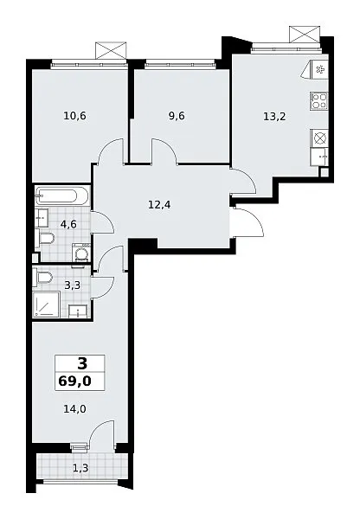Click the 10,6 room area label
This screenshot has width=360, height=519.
coord(74,116)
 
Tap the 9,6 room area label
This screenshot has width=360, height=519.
coord(177,116)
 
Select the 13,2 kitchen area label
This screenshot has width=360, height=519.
coord(274,117)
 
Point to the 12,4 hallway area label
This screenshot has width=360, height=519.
coord(159,205)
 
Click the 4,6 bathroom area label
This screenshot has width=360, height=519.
coord(68,224)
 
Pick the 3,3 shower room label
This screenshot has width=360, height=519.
coord(73,285)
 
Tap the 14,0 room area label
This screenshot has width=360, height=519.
coord(74,409)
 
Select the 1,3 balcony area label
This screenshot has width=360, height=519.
coord(80,468)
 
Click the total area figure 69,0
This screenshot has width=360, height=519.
coord(74,381)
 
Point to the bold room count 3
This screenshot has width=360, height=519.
coord(82,364)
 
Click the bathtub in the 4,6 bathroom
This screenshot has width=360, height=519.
coord(62,197)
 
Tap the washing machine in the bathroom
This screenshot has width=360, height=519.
coord(80,253)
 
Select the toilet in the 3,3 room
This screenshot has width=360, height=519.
coord(44,277)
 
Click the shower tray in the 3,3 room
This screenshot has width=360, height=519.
coord(47,304)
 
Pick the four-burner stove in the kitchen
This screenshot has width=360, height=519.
coord(319,101)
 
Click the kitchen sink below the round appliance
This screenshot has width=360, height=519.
coord(320,157)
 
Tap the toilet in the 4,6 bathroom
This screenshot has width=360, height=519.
coord(45,239)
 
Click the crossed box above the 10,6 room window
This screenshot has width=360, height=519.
coord(111,50)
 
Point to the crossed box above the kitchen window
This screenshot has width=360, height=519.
coord(305,35)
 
